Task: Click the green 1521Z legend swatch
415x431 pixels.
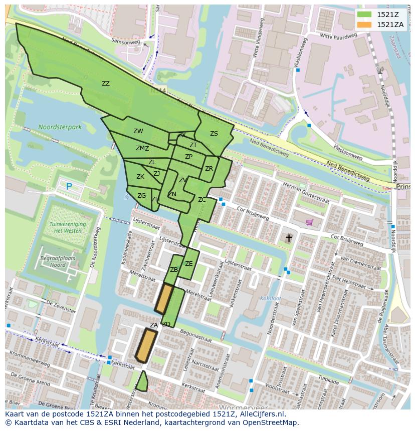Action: (x=365, y=14)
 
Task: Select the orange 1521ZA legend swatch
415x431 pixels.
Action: (x=365, y=25)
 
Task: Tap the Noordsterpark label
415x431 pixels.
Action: (x=60, y=128)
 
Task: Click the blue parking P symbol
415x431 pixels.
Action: (x=69, y=187)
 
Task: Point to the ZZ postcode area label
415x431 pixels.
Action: (x=106, y=84)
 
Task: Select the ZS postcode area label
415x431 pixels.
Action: (x=214, y=134)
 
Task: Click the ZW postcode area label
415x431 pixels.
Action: (x=138, y=131)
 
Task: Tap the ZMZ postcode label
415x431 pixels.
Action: (x=142, y=148)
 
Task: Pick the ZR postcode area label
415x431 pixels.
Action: (x=209, y=169)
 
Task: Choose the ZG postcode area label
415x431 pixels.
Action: (x=142, y=196)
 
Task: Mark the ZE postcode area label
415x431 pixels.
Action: (x=188, y=264)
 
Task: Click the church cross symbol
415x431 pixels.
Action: (x=289, y=238)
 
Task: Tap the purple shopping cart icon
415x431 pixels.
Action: (x=310, y=222)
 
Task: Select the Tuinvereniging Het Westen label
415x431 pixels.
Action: (x=68, y=228)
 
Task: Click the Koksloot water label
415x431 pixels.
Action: (x=270, y=299)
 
